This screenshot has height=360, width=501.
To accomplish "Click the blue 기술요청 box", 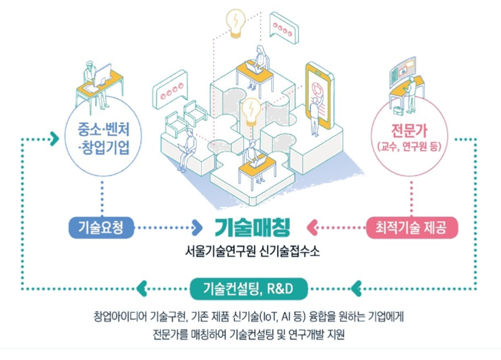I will (101, 228).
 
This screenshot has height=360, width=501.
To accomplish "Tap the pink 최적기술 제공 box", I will (412, 228).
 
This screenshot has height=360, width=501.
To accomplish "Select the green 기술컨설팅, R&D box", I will (248, 288).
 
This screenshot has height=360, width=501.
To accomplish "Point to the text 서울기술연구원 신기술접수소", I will (252, 251).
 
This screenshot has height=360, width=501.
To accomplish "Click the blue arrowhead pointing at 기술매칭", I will (197, 228).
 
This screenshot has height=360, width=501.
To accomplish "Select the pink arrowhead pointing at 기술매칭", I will (313, 228).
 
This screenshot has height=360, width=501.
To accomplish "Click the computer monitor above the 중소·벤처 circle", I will (103, 74).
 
